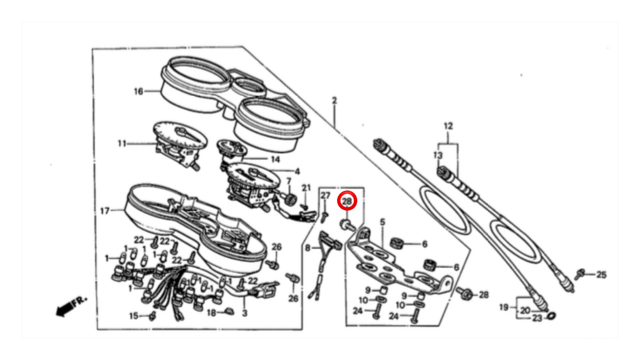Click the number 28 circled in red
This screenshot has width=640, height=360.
click(x=347, y=201)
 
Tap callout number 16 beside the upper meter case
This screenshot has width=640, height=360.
click(x=138, y=92)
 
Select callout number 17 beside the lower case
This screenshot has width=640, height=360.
click(x=105, y=211)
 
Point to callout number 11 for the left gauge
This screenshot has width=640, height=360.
click(x=122, y=143)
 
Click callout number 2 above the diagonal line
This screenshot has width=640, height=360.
click(x=334, y=100)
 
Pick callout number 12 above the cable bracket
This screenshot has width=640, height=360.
click(x=448, y=126)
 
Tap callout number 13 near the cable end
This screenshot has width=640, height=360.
click(x=438, y=156)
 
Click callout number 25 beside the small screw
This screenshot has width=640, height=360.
click(x=601, y=275)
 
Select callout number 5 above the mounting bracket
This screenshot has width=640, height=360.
click(x=383, y=222)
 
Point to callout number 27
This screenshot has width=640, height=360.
click(x=325, y=196)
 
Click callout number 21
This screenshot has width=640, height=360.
click(x=306, y=188)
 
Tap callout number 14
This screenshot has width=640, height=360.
click(x=275, y=160)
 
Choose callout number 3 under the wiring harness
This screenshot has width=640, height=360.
click(x=244, y=313)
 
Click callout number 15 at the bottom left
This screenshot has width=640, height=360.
click(x=134, y=316)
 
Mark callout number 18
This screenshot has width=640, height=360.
click(x=211, y=313)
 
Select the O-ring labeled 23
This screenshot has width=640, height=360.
click(x=552, y=316)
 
